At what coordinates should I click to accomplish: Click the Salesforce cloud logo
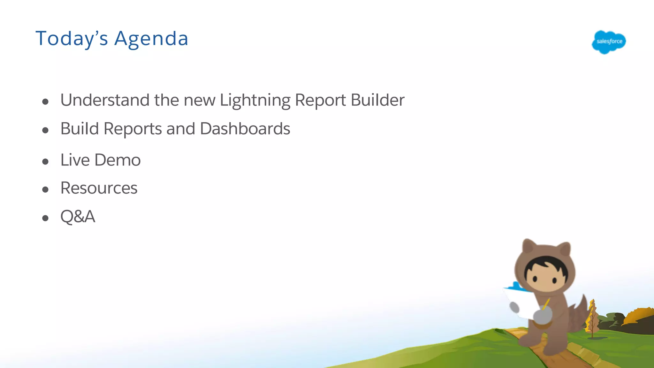click(x=609, y=42)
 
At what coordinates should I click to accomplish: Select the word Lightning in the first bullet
click(x=255, y=100)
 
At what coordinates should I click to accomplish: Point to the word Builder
click(x=377, y=100)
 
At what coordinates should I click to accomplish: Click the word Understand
click(x=105, y=100)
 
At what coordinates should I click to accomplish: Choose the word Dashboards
click(x=245, y=129)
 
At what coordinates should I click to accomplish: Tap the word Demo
click(x=118, y=160)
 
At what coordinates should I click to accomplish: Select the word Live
click(x=75, y=160)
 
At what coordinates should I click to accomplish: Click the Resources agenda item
click(x=99, y=188)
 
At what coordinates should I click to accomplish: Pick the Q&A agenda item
click(x=78, y=217)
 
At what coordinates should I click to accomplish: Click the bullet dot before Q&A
click(x=45, y=218)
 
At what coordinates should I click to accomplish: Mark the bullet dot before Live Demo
click(x=45, y=161)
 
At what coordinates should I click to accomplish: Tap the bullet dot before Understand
click(x=45, y=102)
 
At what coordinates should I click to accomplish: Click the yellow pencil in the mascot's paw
click(x=546, y=304)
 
